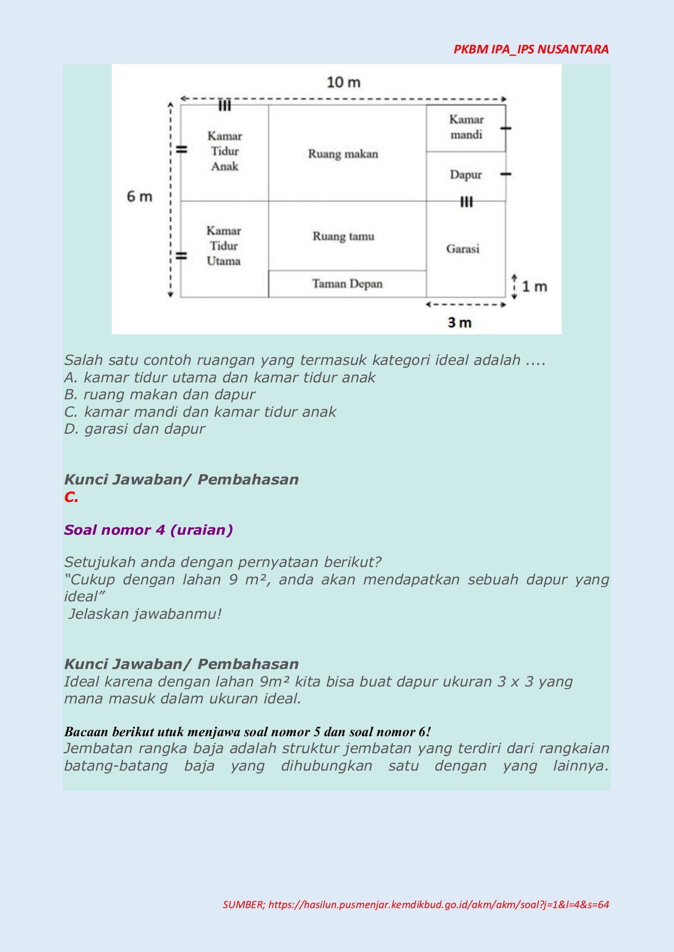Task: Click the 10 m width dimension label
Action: point(344,83)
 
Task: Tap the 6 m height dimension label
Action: point(139,197)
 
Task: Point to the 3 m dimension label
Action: point(459,323)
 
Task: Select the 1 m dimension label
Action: point(534,287)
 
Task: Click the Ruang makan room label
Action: point(343,154)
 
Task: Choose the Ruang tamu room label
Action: point(343,236)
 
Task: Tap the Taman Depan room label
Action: point(347,284)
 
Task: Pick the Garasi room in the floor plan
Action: point(463,249)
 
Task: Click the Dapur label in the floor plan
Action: point(466,175)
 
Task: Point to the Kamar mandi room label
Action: point(466,127)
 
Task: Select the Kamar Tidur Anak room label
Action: point(224,151)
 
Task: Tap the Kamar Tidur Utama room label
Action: point(223,246)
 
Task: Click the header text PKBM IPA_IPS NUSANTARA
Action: point(531,49)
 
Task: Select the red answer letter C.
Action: point(71,497)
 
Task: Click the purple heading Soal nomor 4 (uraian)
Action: point(148,530)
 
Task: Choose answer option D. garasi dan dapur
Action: point(134,429)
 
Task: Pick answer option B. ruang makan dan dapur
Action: point(160,395)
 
